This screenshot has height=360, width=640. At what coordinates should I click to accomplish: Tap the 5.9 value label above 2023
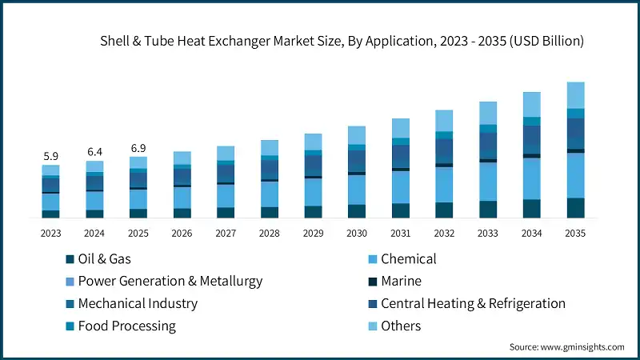click(50, 157)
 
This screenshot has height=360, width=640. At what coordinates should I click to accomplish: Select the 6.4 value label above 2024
click(94, 152)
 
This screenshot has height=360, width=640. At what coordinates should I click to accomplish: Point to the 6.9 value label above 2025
click(138, 148)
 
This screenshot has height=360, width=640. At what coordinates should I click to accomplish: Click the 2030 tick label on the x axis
click(357, 234)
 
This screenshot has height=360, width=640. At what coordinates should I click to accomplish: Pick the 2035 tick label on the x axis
click(575, 234)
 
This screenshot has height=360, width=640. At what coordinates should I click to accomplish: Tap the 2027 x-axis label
click(226, 234)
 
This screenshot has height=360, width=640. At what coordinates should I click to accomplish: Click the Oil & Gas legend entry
click(104, 259)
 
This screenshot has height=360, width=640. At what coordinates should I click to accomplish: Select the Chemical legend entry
click(408, 259)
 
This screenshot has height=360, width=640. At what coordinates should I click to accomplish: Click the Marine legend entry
click(401, 282)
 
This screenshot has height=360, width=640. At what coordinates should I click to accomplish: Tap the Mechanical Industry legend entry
click(137, 304)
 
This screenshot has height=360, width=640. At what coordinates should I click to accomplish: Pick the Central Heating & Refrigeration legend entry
click(473, 304)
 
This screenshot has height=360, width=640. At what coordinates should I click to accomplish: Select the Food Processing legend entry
click(126, 326)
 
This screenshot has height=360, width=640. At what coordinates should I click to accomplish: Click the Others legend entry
click(401, 326)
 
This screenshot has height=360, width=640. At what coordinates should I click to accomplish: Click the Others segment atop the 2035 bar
click(575, 95)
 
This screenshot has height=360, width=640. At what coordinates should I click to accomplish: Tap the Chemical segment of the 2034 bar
click(531, 178)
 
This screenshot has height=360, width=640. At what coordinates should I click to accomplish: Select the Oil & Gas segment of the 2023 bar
click(50, 214)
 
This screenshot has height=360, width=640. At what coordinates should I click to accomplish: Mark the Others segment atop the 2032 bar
click(444, 121)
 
